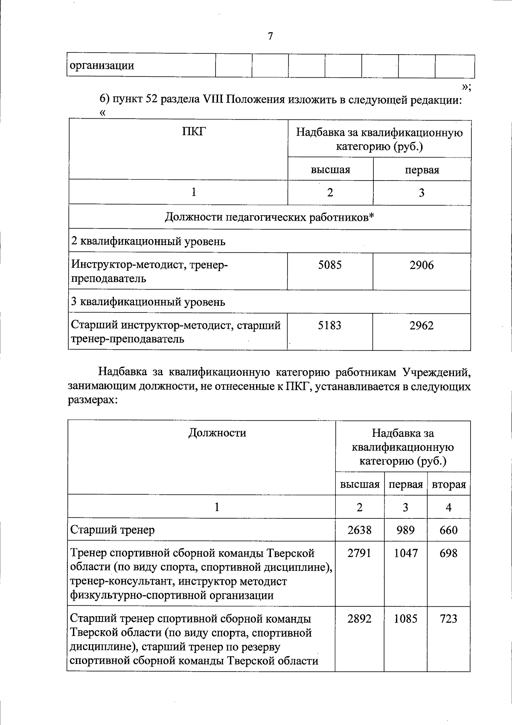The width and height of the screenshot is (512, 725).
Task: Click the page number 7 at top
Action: click(270, 37)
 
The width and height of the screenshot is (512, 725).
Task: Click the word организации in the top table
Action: click(102, 66)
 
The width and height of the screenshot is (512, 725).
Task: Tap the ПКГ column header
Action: click(194, 132)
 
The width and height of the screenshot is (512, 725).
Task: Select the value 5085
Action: click(330, 265)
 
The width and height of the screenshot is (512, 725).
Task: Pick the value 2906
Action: click(422, 265)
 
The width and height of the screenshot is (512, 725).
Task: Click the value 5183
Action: click(330, 326)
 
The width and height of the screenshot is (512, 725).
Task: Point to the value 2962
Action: click(422, 326)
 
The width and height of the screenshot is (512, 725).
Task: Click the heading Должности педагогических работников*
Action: click(270, 218)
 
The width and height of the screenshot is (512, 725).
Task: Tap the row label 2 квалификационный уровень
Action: click(148, 242)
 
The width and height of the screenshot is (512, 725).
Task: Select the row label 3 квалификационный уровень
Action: click(148, 302)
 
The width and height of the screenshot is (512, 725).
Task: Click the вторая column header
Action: click(449, 485)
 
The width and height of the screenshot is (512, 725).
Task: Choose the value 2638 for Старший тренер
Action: click(359, 530)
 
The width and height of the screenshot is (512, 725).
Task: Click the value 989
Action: click(405, 530)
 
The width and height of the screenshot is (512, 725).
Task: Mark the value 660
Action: click(448, 530)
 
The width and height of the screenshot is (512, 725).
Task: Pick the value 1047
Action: click(405, 553)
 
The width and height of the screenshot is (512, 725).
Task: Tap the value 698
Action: click(448, 553)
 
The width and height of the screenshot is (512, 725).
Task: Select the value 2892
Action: click(359, 619)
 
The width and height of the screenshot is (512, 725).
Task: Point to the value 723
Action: click(448, 619)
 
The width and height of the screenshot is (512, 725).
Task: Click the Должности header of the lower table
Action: click(217, 433)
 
